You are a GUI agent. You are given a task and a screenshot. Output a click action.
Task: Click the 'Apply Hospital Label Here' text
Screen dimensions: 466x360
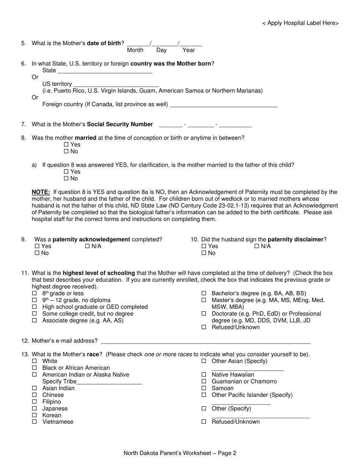point(300,23)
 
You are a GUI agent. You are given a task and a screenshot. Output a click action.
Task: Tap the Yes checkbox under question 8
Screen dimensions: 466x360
point(66,145)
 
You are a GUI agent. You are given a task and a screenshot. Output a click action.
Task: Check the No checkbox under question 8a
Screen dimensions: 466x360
point(66,178)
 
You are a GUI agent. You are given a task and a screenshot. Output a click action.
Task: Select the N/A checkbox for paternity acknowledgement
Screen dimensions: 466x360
point(88,246)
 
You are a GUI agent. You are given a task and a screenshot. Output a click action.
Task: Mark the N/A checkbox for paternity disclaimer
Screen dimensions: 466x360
point(257,246)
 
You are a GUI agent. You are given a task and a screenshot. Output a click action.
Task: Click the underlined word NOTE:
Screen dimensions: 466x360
point(41,192)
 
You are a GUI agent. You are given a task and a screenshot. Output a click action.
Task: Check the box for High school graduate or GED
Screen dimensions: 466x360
point(34,307)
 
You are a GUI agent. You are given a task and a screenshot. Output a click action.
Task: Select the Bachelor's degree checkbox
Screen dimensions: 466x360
point(204,293)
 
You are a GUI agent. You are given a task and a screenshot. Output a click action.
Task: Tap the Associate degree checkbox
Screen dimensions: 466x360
point(34,321)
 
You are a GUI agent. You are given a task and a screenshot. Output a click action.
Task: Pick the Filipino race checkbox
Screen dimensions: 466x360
point(34,402)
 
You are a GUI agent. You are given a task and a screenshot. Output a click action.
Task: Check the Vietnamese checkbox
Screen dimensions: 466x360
point(34,422)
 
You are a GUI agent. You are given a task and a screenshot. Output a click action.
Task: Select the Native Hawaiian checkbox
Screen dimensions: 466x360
point(204,375)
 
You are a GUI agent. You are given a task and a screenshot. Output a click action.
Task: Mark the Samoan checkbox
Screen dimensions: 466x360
point(204,388)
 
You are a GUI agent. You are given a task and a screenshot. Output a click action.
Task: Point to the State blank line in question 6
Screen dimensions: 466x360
point(105,71)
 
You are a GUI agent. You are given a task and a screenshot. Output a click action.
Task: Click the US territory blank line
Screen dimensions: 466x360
point(116,84)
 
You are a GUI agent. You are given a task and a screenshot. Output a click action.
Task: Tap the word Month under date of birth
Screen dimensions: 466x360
point(135,50)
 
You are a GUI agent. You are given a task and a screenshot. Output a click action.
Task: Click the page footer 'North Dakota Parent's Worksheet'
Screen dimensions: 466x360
point(180,453)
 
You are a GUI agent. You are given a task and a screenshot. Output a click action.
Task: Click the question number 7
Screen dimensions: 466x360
point(23,124)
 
